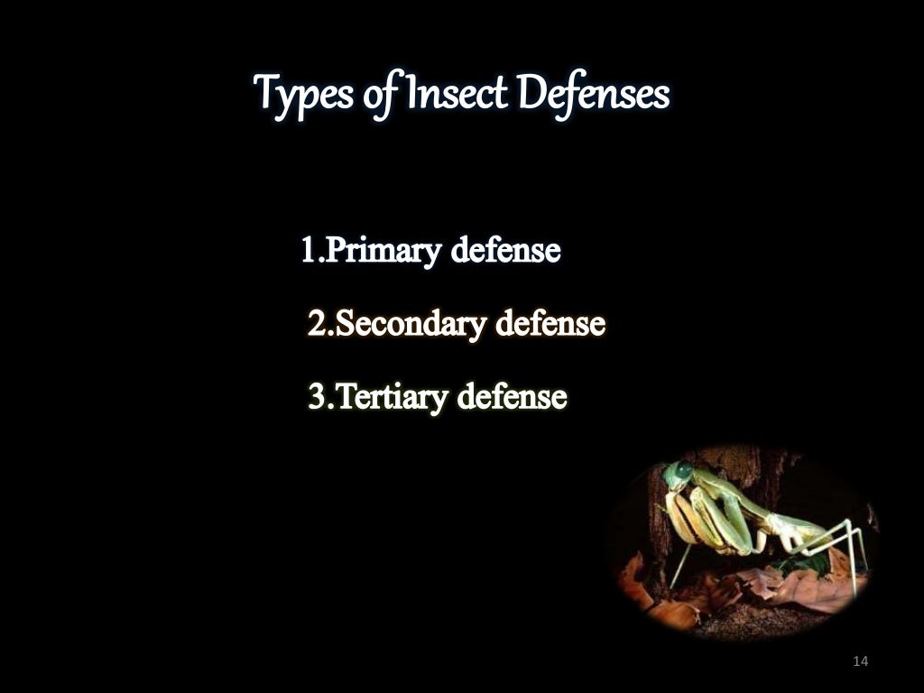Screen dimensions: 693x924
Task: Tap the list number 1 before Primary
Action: pos(308,251)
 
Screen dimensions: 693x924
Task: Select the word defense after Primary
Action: pos(505,251)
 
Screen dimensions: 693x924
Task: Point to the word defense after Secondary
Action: pos(550,323)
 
